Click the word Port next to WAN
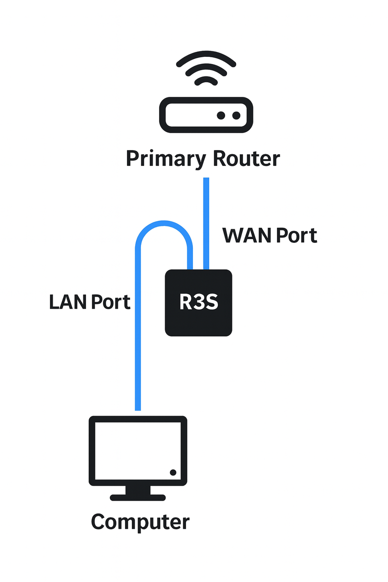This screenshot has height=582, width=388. pos(294,236)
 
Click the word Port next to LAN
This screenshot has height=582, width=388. pos(110,302)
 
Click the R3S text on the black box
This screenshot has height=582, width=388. pos(199,303)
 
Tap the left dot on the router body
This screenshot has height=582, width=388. pos(222,115)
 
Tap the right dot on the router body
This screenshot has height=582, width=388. pos(236,115)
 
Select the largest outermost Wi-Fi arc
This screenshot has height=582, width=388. pos(206,54)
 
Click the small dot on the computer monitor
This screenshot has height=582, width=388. pos(173,472)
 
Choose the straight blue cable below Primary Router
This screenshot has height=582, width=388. pos(206,218)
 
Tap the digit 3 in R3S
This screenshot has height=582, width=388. pos(199,303)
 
